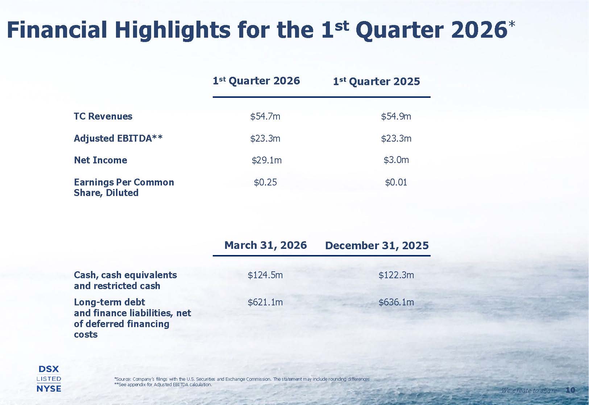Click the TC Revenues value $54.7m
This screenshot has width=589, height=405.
(265, 116)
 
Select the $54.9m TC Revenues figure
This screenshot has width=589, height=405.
(396, 116)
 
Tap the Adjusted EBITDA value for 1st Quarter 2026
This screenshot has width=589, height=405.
(265, 138)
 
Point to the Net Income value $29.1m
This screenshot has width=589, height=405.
(267, 160)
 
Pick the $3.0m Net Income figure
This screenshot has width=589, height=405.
(396, 160)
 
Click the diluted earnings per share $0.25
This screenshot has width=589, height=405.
(265, 182)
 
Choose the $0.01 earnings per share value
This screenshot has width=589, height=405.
(396, 182)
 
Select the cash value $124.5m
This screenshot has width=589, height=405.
(265, 275)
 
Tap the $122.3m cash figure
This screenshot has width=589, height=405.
(396, 275)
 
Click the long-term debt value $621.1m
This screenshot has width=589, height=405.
(265, 302)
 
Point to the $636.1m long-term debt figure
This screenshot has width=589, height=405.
(396, 302)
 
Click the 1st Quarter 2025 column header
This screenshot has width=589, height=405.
(377, 81)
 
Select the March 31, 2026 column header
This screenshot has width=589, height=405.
(266, 245)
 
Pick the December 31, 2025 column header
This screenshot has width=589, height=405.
(377, 246)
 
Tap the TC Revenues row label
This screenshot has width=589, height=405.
(103, 116)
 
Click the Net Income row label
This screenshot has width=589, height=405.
(100, 160)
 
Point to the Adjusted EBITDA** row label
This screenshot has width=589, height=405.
(118, 138)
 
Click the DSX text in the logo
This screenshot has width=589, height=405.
(49, 369)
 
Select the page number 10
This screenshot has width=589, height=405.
(570, 390)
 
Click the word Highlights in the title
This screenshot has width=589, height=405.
(173, 30)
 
